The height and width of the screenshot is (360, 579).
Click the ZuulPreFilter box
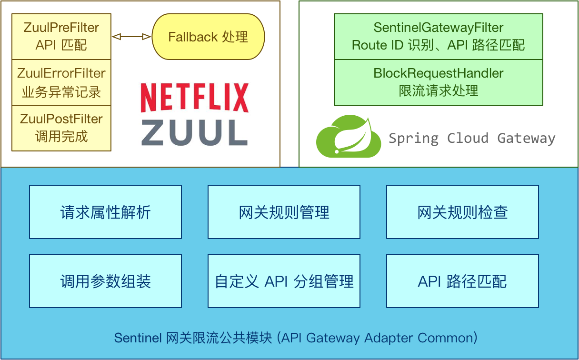point(61,37)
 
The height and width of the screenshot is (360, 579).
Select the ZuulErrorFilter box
point(61,82)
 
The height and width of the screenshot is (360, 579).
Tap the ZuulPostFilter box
point(61,128)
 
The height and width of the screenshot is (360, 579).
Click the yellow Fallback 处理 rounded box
point(208,37)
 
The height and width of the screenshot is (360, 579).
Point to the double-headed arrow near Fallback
point(131,37)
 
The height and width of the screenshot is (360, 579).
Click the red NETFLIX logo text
point(194,98)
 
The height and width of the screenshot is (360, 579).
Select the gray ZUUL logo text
point(194,132)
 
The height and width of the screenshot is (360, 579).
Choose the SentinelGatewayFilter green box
point(438,37)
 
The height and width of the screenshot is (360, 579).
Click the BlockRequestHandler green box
point(438,82)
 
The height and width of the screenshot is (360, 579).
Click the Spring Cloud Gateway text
point(471,139)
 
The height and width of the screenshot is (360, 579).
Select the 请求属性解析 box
point(105,212)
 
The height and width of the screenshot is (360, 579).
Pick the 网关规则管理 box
point(284,212)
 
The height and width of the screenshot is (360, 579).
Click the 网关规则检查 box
point(462,212)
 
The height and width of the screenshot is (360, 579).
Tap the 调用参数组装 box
point(105,281)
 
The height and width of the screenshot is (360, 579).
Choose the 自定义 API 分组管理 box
point(284,281)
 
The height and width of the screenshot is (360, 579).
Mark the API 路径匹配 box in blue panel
point(462,281)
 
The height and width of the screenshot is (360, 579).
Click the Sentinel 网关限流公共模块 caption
point(295,338)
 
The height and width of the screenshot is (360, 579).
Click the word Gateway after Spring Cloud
point(526,139)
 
